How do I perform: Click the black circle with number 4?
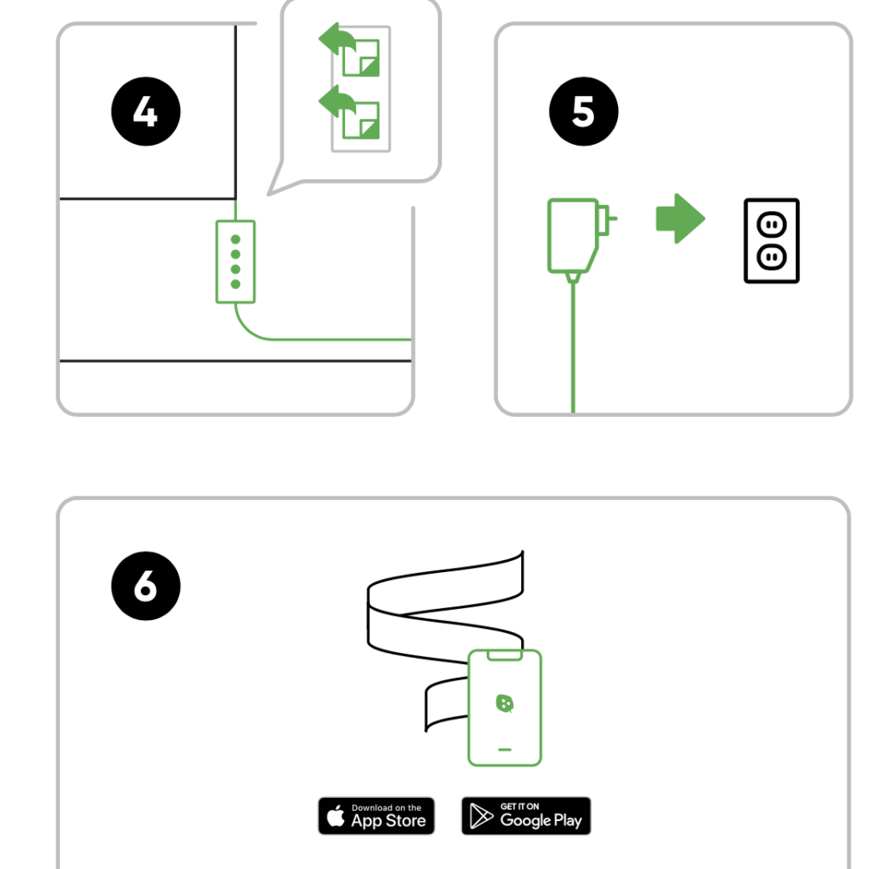tap(146, 112)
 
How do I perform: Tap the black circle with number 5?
tap(584, 112)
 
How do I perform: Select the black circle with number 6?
tap(146, 586)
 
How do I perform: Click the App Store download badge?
tap(376, 816)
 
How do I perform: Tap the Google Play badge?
tap(526, 816)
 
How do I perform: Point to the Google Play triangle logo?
tap(481, 816)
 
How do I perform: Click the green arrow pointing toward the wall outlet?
tap(681, 219)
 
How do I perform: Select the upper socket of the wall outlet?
tap(772, 226)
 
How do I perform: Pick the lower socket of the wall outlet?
tap(772, 257)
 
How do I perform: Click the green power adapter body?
tap(573, 235)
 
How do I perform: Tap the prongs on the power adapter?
tap(608, 219)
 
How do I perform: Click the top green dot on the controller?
tap(235, 239)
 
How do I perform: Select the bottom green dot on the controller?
tap(235, 284)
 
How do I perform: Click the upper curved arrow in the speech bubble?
tap(336, 39)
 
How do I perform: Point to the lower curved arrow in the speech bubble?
tap(336, 102)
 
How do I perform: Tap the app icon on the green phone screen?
tap(505, 703)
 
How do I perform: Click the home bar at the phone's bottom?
tap(505, 749)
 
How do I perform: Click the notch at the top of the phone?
tap(505, 655)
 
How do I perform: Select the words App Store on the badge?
tap(389, 821)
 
